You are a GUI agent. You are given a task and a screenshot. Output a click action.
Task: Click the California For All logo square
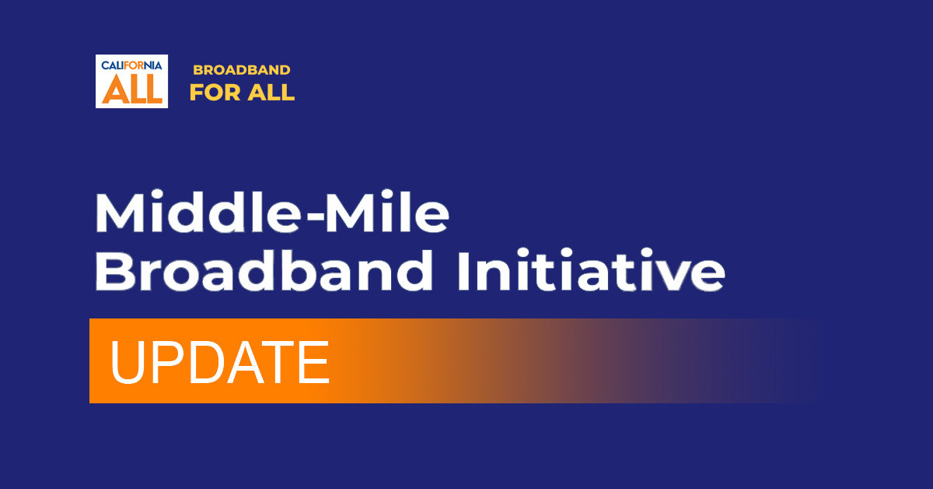131,81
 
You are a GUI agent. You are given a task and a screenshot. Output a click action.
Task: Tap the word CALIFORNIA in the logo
131,65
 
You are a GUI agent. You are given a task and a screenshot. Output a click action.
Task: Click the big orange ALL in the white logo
132,89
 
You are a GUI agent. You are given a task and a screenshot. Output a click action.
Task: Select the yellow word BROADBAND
242,69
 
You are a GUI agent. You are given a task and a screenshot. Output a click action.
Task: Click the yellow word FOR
215,92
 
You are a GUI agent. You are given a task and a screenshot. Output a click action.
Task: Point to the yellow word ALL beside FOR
271,92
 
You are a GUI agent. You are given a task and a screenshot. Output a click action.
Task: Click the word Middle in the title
197,212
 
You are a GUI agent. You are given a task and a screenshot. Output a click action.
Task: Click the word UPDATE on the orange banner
220,362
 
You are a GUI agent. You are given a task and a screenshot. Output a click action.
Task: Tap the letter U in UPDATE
127,362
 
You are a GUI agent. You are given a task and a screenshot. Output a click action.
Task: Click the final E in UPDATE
314,362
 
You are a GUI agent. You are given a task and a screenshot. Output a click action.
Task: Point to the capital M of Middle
120,212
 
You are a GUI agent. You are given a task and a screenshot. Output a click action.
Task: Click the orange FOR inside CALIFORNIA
134,65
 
